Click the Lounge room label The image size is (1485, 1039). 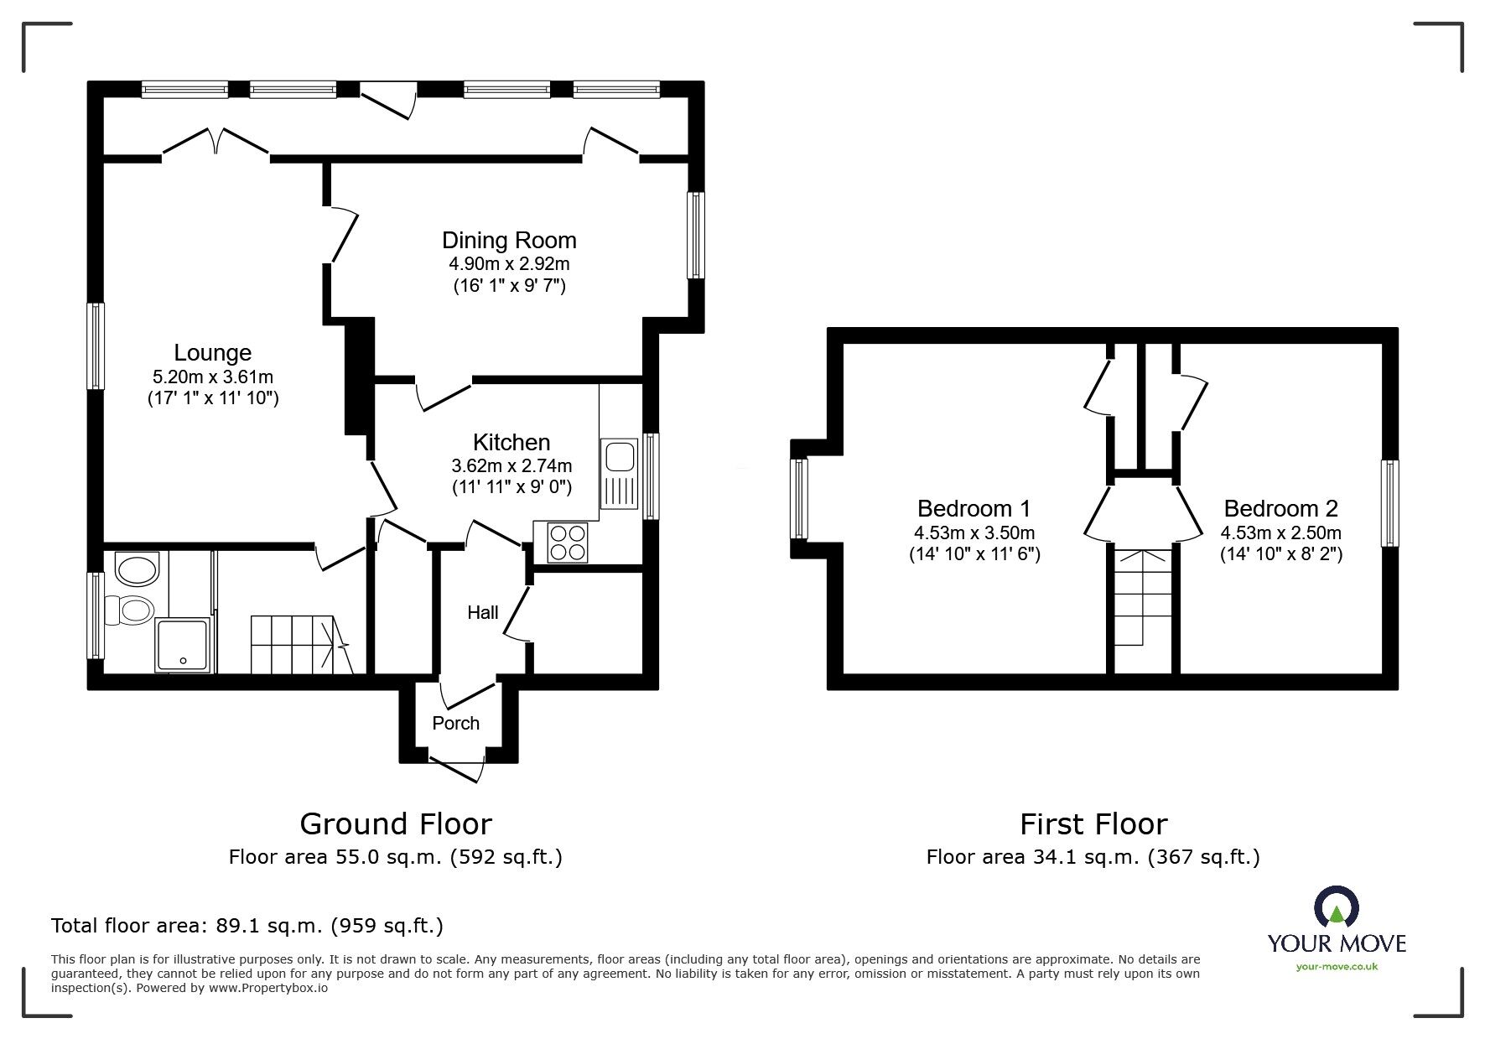[212, 353]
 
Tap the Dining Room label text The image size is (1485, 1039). [509, 241]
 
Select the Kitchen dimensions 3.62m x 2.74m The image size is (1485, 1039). [511, 465]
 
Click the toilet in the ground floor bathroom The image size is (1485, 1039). [134, 610]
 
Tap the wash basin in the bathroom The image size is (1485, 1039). [137, 570]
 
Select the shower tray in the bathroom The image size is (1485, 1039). [184, 646]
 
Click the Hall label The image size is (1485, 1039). [482, 613]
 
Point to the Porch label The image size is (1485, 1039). [456, 723]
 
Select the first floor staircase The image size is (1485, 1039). [1142, 597]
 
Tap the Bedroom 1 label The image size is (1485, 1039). [974, 508]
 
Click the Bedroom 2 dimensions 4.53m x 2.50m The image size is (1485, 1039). [1280, 532]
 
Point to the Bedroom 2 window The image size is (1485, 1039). [1390, 503]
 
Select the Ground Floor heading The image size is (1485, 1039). [396, 824]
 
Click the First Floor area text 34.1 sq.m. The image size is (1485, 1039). [1093, 857]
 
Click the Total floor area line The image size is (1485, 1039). [247, 926]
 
